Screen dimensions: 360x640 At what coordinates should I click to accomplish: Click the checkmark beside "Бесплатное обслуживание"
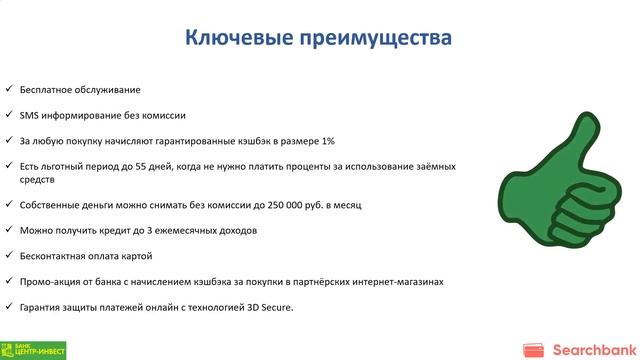8,90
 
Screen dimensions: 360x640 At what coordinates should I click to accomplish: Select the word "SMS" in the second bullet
29,115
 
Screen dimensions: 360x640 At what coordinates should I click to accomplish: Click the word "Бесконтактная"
51,255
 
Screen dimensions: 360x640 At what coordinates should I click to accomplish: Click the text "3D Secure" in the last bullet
269,307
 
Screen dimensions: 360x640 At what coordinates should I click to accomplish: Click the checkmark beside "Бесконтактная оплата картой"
8,255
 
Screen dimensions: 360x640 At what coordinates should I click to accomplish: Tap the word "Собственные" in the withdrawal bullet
50,204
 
